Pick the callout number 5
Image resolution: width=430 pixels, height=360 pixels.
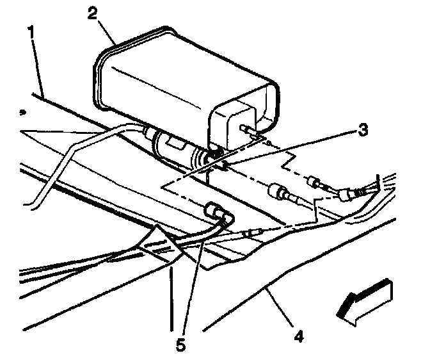[x=181, y=345]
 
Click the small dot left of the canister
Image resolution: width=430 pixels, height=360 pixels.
[x=22, y=111]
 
